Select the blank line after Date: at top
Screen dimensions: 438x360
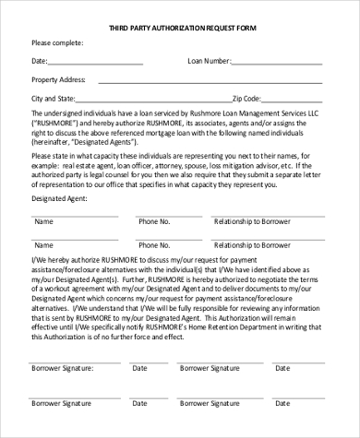[x=97, y=64]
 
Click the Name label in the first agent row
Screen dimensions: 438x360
[x=43, y=222]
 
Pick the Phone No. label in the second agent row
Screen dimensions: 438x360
[x=154, y=246]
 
